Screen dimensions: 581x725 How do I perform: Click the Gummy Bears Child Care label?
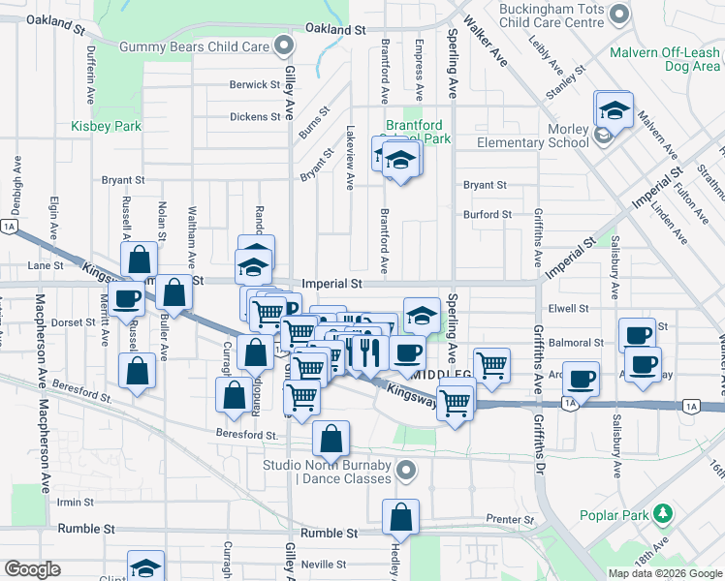(194, 46)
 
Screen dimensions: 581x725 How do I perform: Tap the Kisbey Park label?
(107, 127)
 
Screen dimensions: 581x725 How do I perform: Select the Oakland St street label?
(334, 30)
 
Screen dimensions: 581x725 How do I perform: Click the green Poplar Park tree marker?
(662, 512)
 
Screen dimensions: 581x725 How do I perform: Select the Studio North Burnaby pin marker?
(407, 472)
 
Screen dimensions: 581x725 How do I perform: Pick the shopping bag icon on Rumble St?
(400, 519)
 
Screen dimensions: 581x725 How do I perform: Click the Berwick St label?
(255, 85)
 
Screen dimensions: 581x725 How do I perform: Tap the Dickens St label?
(255, 117)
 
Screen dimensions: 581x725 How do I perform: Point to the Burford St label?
(487, 215)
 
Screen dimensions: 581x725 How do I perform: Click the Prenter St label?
(504, 519)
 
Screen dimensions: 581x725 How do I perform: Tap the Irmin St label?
(74, 502)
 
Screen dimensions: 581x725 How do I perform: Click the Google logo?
(33, 569)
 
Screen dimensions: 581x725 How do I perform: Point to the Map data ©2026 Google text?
(664, 573)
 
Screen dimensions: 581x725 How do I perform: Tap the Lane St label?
(45, 265)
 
